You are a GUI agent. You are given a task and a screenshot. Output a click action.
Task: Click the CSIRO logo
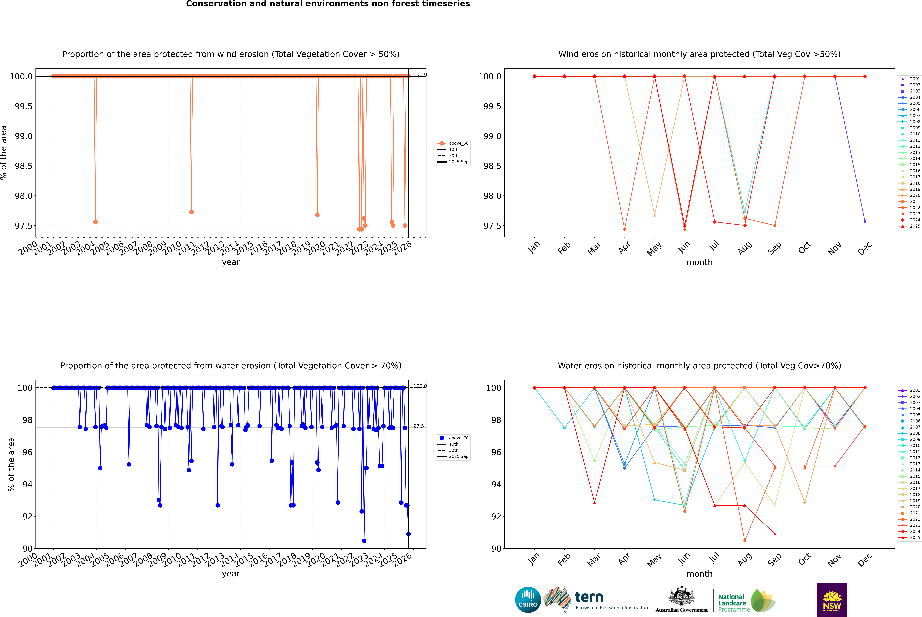(x=528, y=600)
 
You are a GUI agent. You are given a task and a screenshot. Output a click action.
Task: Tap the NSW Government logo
(x=832, y=600)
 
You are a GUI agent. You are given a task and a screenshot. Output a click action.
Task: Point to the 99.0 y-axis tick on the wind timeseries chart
(x=24, y=136)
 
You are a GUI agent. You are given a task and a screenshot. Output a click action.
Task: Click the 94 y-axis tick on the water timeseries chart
(x=28, y=484)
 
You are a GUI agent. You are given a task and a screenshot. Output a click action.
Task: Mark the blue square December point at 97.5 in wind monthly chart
(x=865, y=222)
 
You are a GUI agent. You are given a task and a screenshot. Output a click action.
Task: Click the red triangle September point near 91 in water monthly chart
(x=775, y=534)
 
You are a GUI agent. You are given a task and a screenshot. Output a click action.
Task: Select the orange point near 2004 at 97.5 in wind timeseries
(x=95, y=222)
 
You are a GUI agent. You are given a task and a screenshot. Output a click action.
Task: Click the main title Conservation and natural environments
(x=328, y=4)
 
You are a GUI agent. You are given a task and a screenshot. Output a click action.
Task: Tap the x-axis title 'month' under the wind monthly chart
(x=699, y=263)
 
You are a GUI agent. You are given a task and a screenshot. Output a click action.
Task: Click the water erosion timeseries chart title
(x=231, y=366)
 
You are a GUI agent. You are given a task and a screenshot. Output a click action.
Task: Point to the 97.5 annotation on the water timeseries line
(x=419, y=426)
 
